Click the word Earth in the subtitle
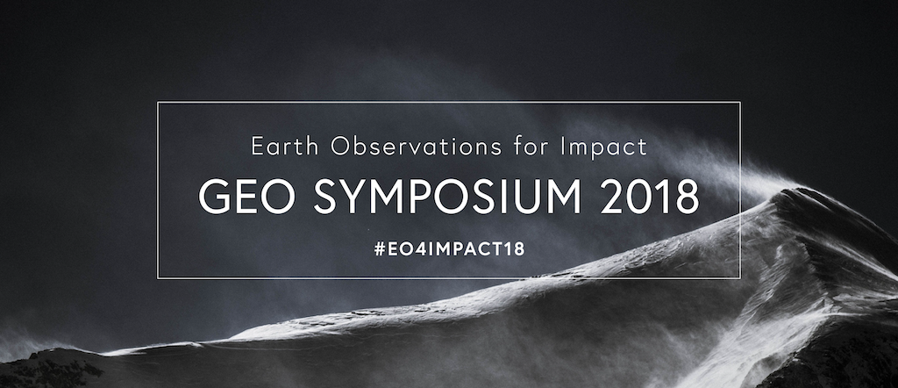click(x=285, y=146)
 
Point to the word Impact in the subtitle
click(x=604, y=147)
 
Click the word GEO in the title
click(x=246, y=196)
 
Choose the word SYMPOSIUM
click(x=448, y=196)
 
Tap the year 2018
click(x=650, y=196)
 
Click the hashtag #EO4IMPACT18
click(x=449, y=249)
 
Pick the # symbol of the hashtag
click(x=379, y=249)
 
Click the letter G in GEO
click(x=214, y=196)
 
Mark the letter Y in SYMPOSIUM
click(x=358, y=196)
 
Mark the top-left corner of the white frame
click(x=158, y=102)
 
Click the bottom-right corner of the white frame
click(x=740, y=278)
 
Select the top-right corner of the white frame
click(x=740, y=102)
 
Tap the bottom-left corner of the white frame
click(x=158, y=278)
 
